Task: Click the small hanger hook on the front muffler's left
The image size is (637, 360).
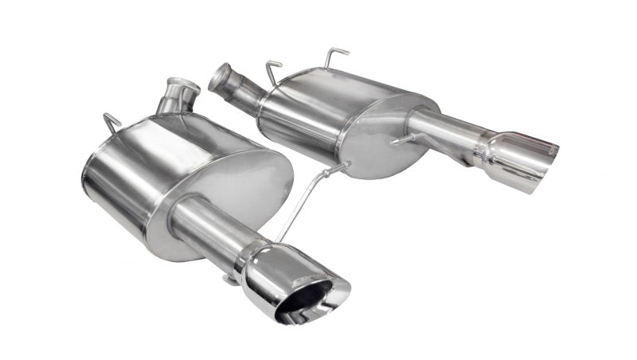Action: (111, 123)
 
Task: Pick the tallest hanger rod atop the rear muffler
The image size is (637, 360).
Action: (335, 57)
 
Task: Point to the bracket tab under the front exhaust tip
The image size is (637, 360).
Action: (230, 279)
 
